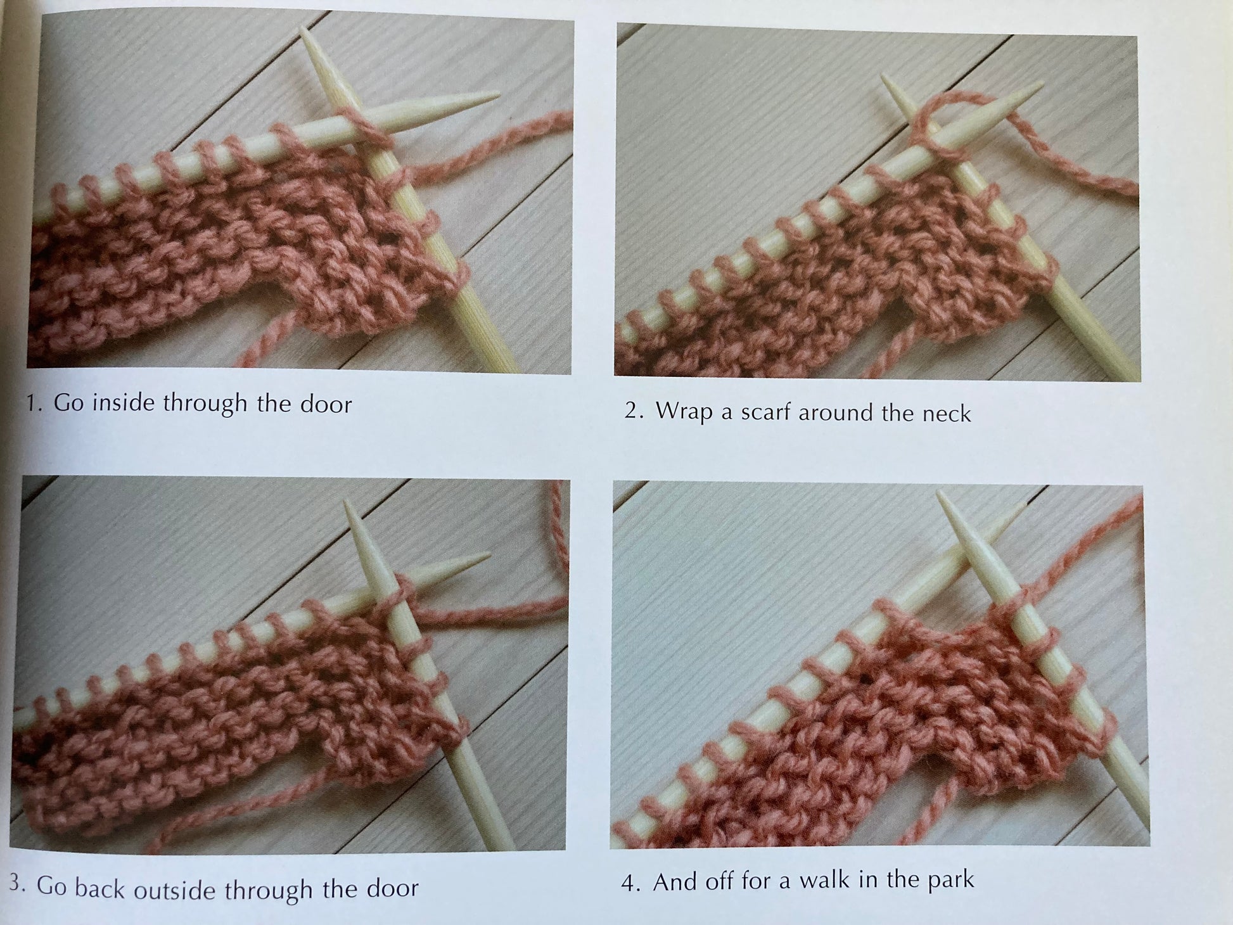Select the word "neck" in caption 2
947,414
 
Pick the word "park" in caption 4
951,879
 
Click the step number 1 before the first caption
34,404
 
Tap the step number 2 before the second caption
636,411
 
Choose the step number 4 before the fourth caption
631,883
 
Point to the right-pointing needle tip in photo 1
497,95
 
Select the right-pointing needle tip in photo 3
489,555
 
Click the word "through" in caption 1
205,404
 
